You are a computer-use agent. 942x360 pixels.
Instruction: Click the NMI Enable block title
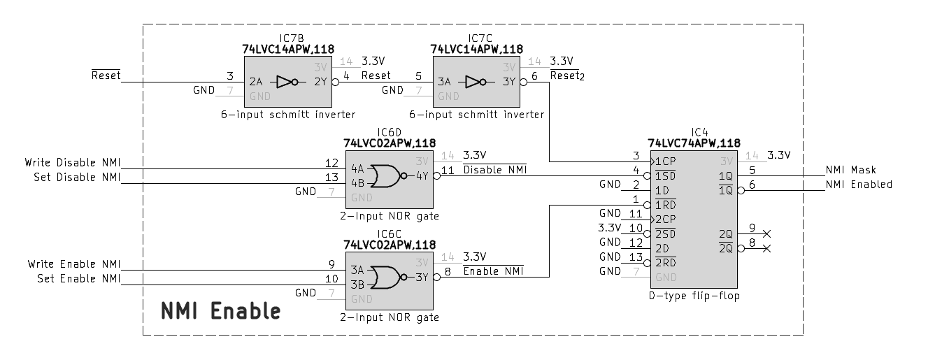(221, 310)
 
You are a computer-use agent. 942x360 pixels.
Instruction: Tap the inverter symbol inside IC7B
(289, 82)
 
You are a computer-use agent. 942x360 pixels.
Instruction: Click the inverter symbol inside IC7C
(478, 82)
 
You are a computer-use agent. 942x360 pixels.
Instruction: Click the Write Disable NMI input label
(73, 163)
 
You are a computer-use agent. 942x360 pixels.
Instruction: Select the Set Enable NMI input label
(78, 279)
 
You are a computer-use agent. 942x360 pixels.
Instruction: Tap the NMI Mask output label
(850, 170)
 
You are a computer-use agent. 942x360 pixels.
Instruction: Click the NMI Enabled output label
(859, 185)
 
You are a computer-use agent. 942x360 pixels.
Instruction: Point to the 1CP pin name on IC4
(664, 161)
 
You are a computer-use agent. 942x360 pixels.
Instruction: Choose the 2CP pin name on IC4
(664, 219)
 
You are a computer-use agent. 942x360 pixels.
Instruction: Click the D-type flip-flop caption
(694, 296)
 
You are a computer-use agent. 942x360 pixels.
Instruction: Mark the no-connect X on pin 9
(766, 233)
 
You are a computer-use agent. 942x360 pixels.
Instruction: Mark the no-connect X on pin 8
(766, 248)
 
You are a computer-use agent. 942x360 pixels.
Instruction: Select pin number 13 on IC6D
(331, 178)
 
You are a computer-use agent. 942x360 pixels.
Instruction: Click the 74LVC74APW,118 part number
(694, 143)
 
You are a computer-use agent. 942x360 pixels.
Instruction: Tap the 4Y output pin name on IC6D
(422, 175)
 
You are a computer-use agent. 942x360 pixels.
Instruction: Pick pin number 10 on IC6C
(331, 279)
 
